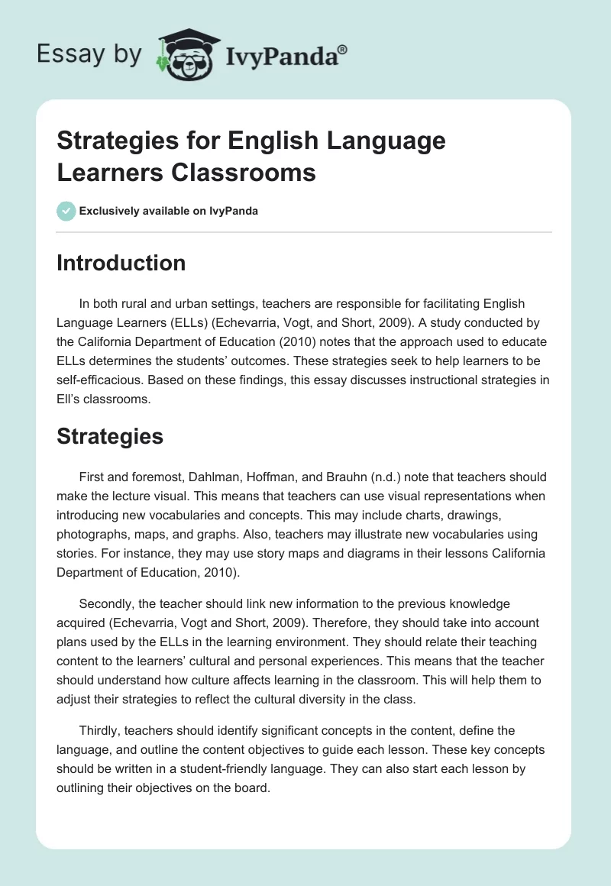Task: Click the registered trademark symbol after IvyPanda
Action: point(342,50)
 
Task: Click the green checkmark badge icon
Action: point(66,211)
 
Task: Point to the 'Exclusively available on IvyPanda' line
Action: point(169,211)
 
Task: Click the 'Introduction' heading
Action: point(121,263)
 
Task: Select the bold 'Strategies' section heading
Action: point(110,436)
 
